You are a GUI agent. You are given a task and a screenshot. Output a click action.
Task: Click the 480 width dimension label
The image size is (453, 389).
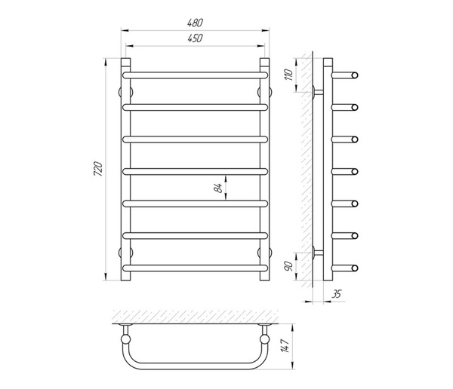point(196,23)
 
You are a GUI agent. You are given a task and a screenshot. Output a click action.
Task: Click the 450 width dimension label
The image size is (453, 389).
point(196,38)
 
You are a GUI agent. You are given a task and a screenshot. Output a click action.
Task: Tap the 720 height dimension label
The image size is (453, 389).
point(98,169)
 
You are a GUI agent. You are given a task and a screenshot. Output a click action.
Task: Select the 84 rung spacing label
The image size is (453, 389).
point(219,188)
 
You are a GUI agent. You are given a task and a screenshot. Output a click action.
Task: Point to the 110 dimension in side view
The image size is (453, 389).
point(288,75)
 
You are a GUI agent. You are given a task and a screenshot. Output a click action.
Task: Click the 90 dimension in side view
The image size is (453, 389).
point(289,266)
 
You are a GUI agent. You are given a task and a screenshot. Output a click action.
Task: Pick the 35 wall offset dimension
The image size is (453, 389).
point(336,294)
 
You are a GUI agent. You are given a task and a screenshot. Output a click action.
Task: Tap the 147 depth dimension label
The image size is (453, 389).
point(285,346)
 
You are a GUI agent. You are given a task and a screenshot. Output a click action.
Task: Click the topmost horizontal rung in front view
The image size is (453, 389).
point(196,75)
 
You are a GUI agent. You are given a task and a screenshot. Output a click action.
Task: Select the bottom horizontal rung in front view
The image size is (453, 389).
point(196,268)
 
